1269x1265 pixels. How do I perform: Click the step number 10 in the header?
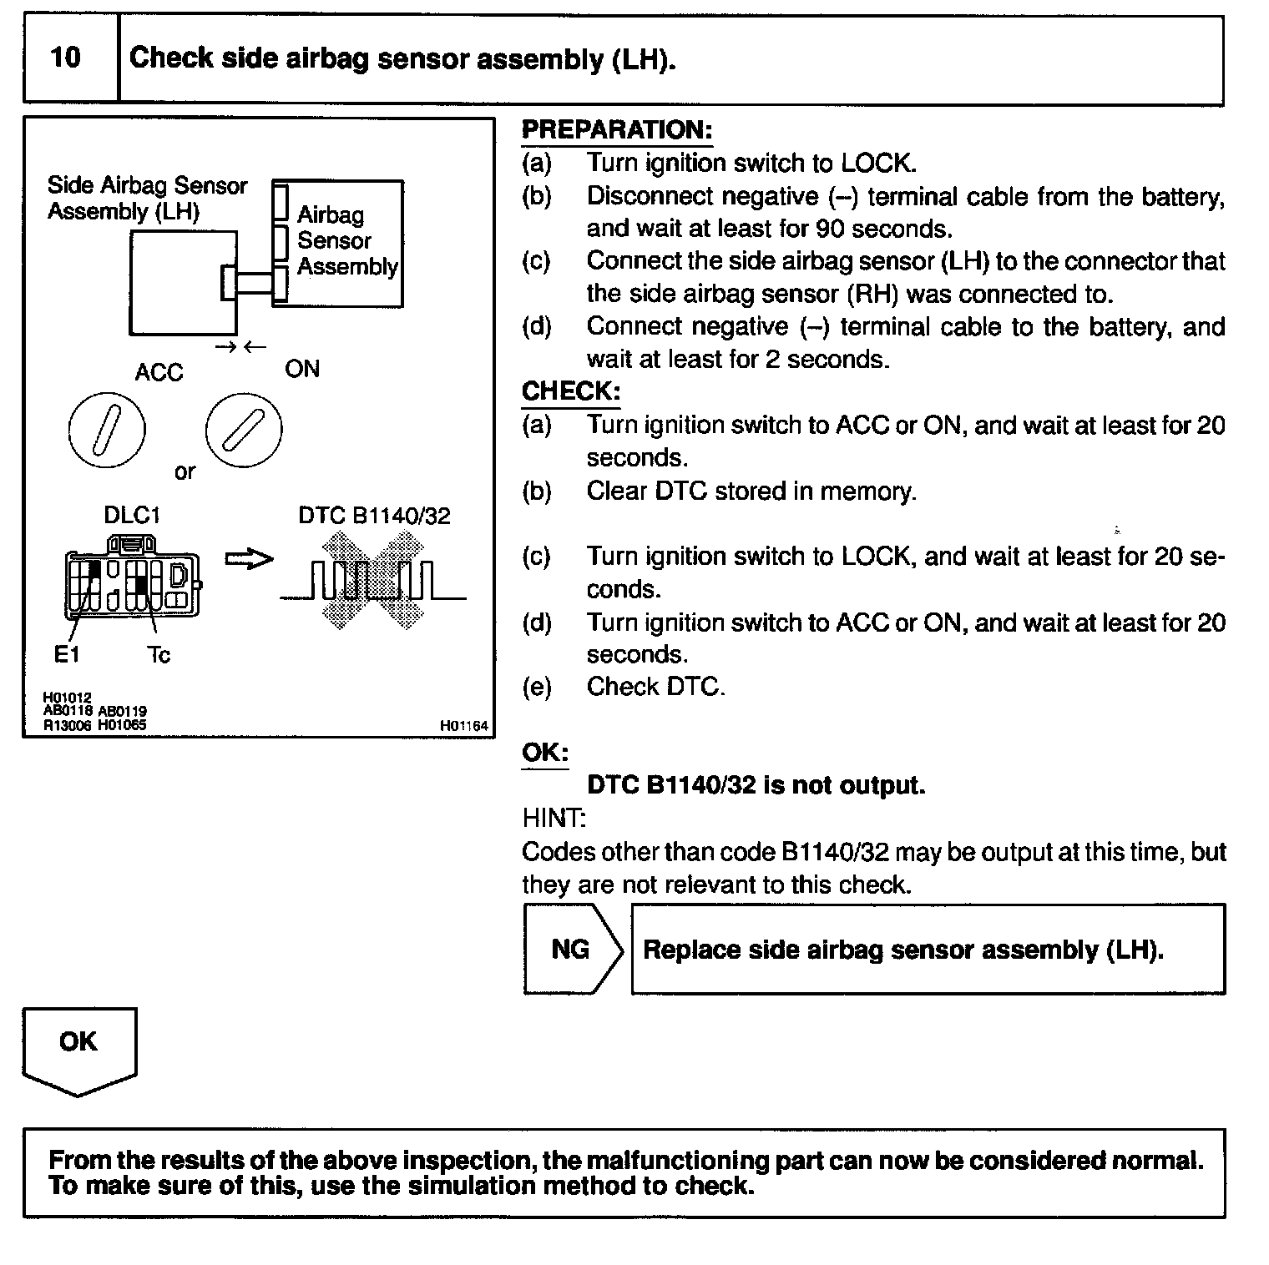pos(65,58)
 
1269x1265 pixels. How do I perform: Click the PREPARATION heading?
pos(616,130)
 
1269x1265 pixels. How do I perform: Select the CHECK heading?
pos(570,391)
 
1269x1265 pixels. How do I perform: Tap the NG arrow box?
pos(571,950)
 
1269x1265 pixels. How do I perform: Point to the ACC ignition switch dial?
pos(107,431)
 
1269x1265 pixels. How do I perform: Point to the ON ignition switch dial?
pos(244,431)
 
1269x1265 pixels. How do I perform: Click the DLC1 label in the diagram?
pos(131,516)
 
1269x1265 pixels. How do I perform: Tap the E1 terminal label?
pos(67,655)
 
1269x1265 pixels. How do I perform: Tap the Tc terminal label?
pos(158,656)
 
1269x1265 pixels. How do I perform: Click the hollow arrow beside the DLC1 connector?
pos(249,560)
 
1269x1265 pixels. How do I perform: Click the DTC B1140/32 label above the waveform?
pos(374,516)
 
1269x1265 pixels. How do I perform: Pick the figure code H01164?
pos(463,726)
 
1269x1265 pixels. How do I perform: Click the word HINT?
pos(554,818)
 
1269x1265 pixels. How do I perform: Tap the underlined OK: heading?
pos(544,753)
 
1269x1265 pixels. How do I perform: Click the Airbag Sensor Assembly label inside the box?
pos(346,240)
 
